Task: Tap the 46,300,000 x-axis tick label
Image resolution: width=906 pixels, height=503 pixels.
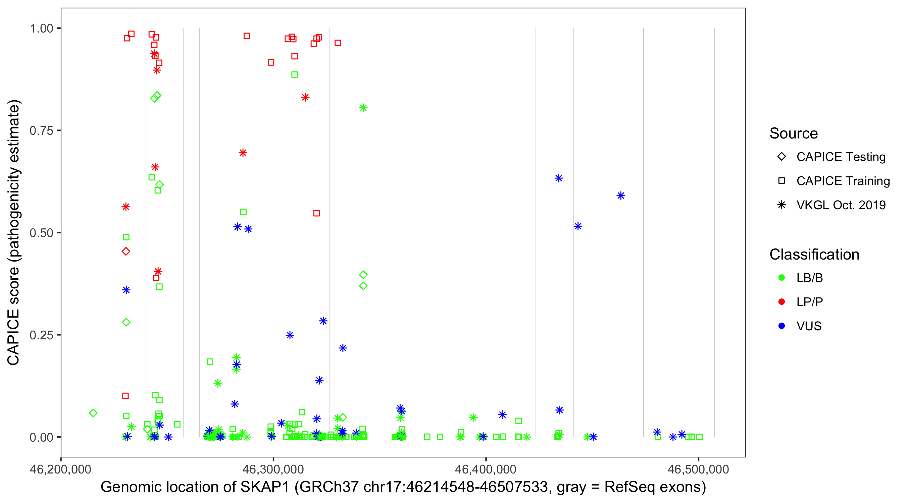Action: pos(273,469)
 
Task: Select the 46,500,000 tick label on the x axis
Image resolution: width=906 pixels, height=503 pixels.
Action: pos(698,469)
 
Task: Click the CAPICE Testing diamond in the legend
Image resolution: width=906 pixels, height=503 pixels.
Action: pos(782,157)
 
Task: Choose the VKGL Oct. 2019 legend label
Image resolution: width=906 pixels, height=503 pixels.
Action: pos(841,205)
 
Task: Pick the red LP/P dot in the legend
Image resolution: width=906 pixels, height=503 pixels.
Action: pos(782,302)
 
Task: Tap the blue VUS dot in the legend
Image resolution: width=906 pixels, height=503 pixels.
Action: pos(782,326)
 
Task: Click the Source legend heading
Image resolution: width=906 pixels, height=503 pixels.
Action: pos(794,133)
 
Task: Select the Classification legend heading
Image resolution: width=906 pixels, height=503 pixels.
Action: pos(814,255)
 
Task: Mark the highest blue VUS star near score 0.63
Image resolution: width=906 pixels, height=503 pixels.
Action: pos(558,178)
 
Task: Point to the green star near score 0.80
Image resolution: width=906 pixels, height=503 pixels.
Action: pos(363,108)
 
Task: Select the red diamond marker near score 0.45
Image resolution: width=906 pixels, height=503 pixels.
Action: pos(126,251)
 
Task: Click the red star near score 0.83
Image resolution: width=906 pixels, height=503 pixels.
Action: pos(305,97)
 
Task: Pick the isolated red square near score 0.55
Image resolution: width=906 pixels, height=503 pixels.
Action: pos(316,213)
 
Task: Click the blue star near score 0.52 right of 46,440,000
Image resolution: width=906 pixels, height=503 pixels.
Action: pos(578,226)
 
